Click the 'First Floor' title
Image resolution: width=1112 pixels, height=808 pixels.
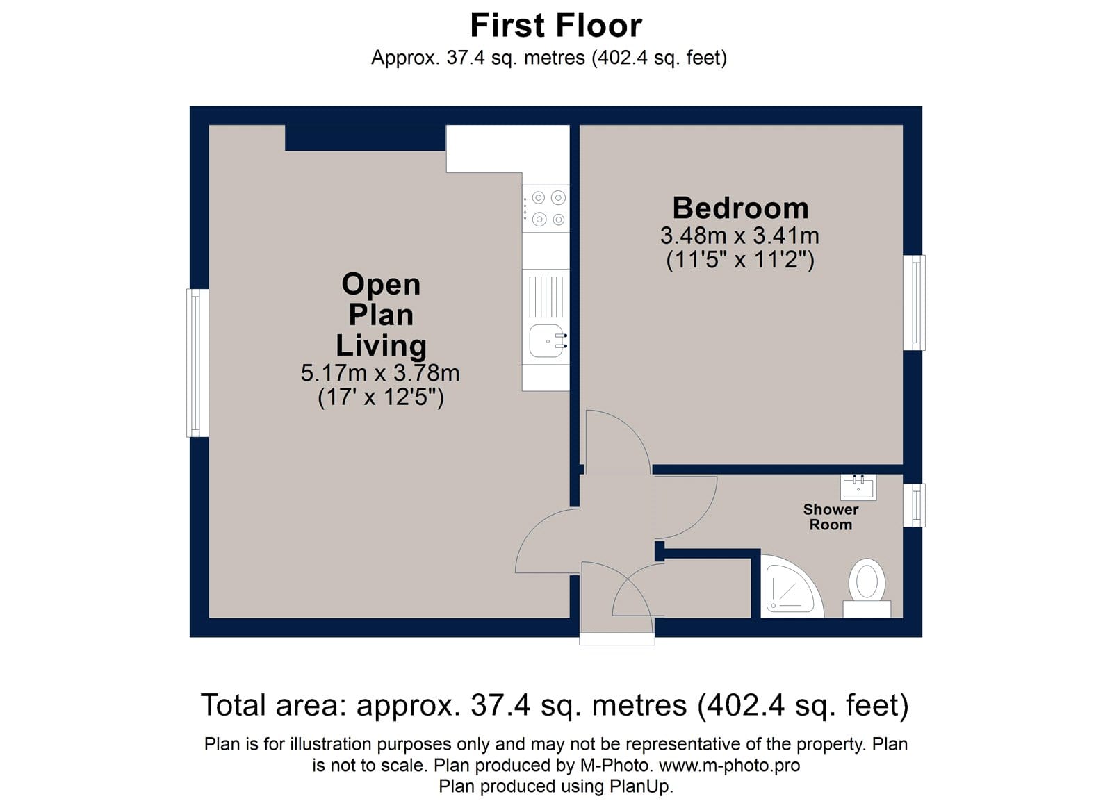[555, 25]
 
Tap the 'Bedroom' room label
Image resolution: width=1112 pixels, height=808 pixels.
[740, 208]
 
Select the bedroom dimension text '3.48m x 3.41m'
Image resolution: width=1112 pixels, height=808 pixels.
[739, 236]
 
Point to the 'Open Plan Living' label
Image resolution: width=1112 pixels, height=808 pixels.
[381, 315]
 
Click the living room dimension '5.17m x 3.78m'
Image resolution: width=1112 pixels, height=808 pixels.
[380, 372]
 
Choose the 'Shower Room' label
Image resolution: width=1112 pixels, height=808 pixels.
[831, 517]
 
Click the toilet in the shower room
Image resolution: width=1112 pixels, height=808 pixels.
[867, 588]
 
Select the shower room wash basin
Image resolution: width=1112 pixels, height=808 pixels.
[858, 487]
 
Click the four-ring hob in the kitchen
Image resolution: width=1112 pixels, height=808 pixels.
[546, 208]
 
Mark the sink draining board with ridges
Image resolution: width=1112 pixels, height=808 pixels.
[546, 296]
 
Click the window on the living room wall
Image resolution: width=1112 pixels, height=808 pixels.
[197, 363]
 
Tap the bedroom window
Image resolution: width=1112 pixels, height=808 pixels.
[914, 302]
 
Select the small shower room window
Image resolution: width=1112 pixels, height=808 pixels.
[914, 505]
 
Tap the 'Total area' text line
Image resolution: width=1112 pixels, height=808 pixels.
[555, 705]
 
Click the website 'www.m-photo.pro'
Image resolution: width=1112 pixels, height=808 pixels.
[729, 766]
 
